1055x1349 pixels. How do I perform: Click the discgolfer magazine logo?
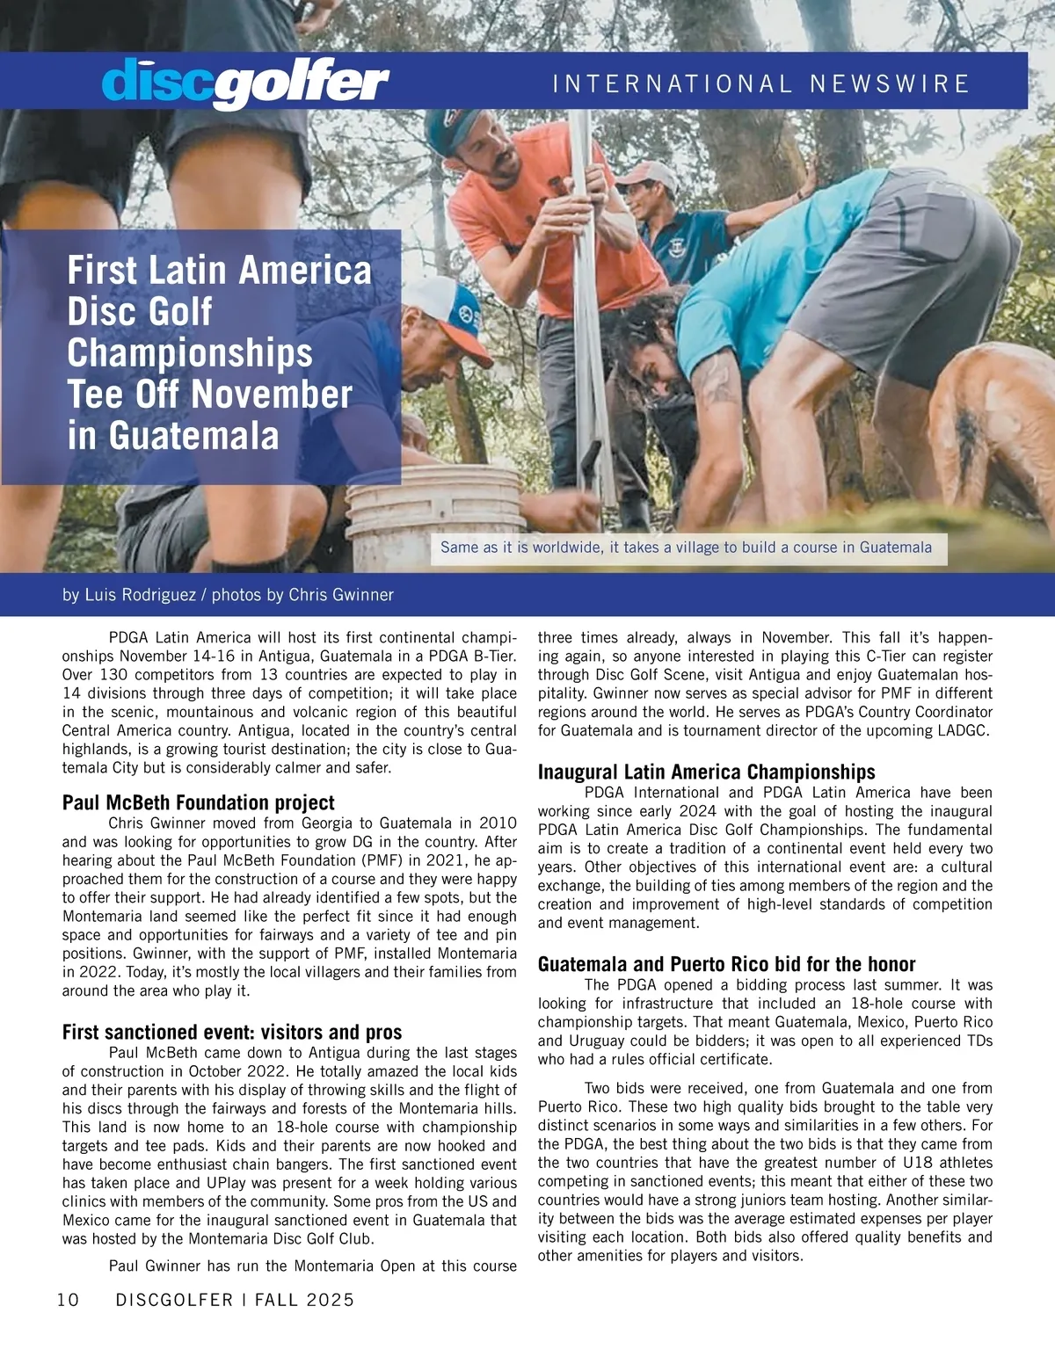(x=245, y=83)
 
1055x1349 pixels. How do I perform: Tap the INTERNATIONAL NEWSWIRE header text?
(x=760, y=83)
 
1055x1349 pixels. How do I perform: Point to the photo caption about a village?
(x=686, y=548)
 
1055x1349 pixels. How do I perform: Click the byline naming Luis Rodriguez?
(x=228, y=595)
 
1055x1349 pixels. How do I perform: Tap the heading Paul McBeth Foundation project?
(x=198, y=802)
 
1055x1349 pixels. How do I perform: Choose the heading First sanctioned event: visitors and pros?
(x=231, y=1032)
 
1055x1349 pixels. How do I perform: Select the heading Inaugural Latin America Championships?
(x=706, y=772)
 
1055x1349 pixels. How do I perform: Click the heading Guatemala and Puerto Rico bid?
(x=726, y=964)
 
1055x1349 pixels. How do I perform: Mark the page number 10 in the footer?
(x=68, y=1300)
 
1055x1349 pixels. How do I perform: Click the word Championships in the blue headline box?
(x=190, y=353)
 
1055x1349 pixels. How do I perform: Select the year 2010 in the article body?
(x=498, y=823)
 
